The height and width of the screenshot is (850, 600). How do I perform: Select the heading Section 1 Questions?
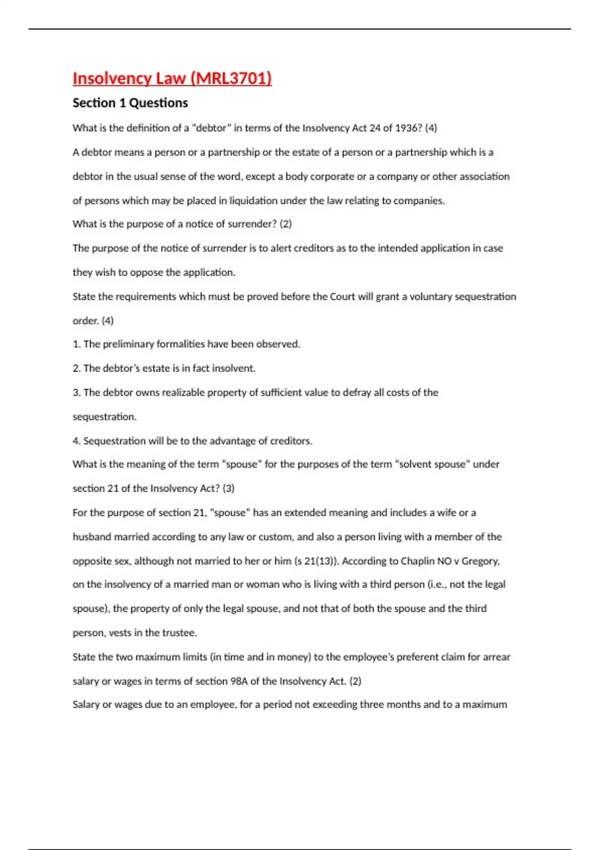coord(130,103)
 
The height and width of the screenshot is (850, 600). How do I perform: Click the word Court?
coord(342,297)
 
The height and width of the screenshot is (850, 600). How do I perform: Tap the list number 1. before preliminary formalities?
coord(76,344)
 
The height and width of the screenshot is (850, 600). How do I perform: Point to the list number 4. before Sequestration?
coord(76,441)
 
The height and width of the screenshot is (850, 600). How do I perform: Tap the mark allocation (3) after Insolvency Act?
coord(228,488)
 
